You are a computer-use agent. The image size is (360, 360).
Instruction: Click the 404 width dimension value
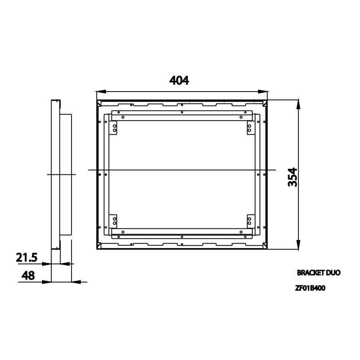179,80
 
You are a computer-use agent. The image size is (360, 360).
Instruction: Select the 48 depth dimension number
28,276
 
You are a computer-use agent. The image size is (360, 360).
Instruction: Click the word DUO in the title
333,273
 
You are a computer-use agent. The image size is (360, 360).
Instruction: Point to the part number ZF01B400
310,288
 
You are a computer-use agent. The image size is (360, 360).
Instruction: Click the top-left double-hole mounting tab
114,128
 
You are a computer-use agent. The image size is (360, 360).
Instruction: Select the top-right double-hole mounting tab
249,128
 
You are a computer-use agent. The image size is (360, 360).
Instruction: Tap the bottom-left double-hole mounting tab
114,220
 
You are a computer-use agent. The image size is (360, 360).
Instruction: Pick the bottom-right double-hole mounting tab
249,220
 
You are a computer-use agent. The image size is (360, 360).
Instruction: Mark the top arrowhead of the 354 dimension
298,103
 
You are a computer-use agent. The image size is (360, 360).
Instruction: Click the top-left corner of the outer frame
97,100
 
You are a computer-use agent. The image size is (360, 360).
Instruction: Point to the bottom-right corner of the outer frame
267,249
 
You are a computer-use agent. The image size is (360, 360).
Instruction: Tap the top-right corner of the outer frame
267,100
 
